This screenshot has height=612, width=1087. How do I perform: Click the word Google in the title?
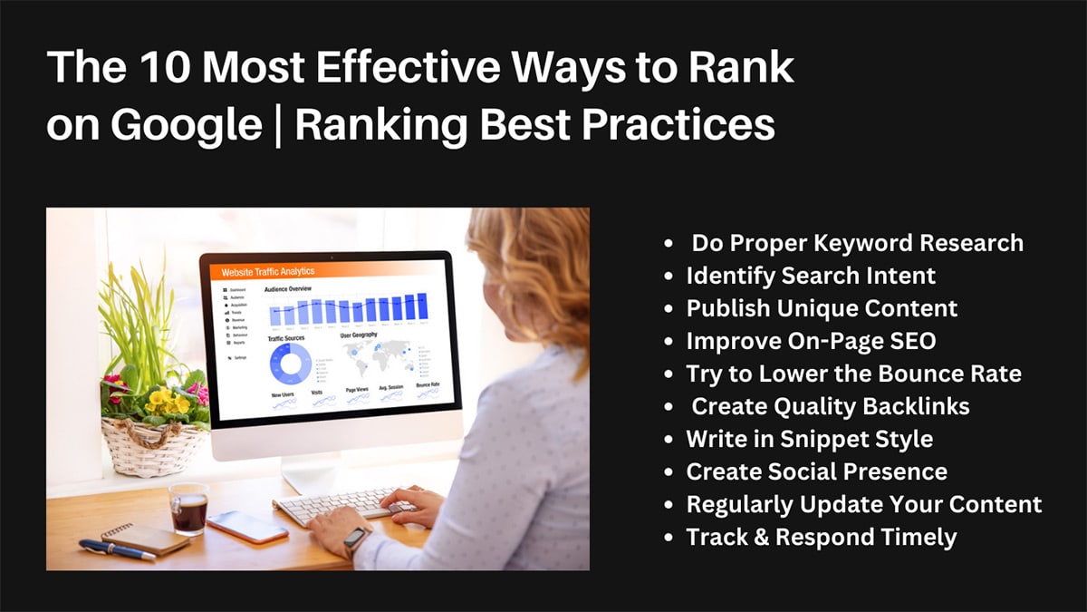(x=186, y=125)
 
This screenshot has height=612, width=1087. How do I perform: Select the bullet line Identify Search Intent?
(x=811, y=276)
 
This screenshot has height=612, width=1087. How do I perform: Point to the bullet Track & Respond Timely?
(x=821, y=537)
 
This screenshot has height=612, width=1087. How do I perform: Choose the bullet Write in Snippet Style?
(x=809, y=439)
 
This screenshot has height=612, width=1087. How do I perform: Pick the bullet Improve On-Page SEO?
(x=811, y=341)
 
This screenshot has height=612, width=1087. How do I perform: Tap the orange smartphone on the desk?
(x=246, y=527)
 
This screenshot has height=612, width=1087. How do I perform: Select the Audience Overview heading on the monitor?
(x=294, y=290)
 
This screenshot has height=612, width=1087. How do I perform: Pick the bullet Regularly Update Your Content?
(x=863, y=504)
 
